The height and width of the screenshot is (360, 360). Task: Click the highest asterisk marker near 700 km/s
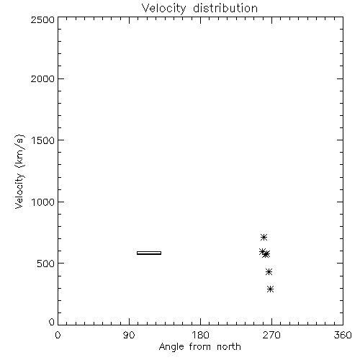coord(264,238)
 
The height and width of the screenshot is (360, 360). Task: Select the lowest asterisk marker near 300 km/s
coord(271,289)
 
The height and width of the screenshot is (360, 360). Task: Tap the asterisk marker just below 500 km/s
coord(269,272)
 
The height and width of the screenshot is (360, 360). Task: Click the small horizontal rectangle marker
coord(149,253)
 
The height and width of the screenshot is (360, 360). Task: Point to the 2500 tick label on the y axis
coord(42,19)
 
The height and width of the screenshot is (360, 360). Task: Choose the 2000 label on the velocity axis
coord(42,78)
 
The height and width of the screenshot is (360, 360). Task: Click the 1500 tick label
coord(43,140)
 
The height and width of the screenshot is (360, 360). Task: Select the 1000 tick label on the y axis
coord(43,202)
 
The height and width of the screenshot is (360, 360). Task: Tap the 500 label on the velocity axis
coord(46,264)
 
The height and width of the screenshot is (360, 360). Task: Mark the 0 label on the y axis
coord(52,322)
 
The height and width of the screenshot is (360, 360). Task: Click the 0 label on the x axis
coord(58,335)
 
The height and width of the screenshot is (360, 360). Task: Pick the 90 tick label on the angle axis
coord(129,335)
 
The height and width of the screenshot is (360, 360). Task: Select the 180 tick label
coord(200,335)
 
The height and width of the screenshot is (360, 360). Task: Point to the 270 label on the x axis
coord(271,335)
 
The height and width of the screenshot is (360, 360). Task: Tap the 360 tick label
coord(343,335)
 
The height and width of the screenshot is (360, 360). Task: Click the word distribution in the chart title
coord(225,9)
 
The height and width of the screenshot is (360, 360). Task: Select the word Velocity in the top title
coord(163,9)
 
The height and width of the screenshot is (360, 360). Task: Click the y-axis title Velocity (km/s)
coord(19,171)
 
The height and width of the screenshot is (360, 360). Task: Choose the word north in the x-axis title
coord(229,347)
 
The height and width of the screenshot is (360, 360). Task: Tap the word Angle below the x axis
coord(171,347)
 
